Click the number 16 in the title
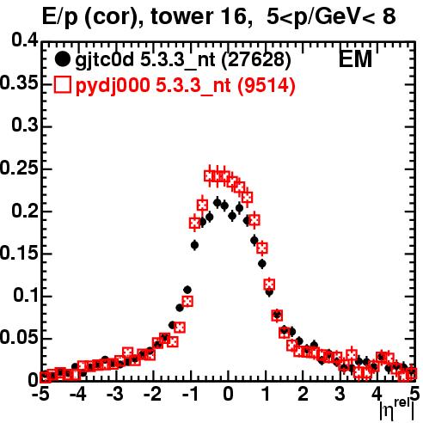coord(233,16)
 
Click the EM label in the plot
coord(355,59)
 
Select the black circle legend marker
coord(62,59)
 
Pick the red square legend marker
coord(62,84)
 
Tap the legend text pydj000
coord(113,86)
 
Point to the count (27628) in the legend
coord(257,60)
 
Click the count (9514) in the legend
coord(267,85)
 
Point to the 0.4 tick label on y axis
coord(24,40)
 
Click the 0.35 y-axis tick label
coord(19,83)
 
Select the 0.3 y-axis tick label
coord(24,126)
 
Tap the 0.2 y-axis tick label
coord(24,211)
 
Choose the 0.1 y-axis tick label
coord(25,296)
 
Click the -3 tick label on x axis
coord(115,395)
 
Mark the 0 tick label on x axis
coord(228,395)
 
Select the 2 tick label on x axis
coord(303,395)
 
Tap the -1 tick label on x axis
coord(190,395)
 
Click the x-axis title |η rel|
coord(397,410)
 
